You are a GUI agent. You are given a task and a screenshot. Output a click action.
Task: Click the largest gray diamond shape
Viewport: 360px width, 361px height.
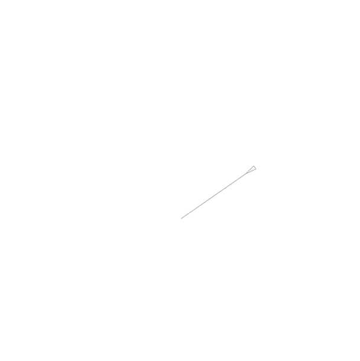(212, 198)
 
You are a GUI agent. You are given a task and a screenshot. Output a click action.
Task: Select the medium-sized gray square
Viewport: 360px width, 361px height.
(236, 179)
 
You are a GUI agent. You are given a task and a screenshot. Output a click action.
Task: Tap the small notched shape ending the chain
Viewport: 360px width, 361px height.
(251, 170)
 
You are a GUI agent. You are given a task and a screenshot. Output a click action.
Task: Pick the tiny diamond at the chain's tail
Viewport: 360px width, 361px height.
(185, 215)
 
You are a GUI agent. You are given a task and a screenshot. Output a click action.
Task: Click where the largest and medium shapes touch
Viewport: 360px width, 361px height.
(227, 186)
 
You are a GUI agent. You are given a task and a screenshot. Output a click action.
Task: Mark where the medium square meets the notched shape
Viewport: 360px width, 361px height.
(246, 173)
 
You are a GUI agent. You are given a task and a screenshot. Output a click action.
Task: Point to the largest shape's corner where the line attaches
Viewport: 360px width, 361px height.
(197, 207)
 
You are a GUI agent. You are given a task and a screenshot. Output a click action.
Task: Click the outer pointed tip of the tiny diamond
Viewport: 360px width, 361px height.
(181, 218)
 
